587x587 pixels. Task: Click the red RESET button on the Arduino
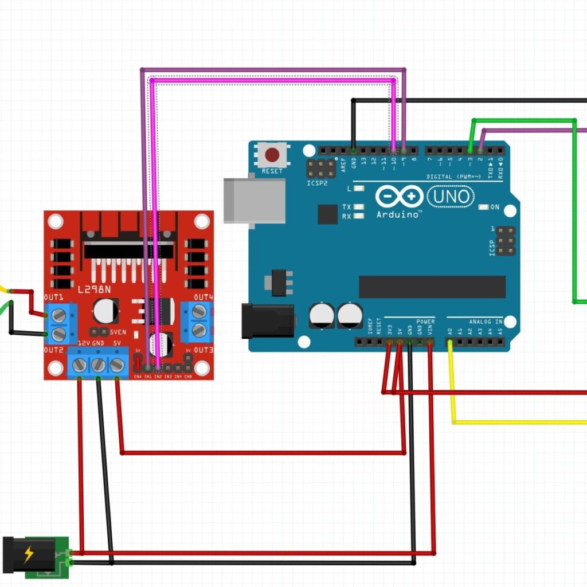[x=272, y=155]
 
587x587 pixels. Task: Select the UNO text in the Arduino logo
[x=451, y=197]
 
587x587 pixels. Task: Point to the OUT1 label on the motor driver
[x=53, y=298]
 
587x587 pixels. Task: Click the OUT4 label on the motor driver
[x=203, y=298]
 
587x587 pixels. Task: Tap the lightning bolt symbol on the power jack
[x=28, y=554]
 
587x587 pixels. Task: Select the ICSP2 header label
[x=317, y=183]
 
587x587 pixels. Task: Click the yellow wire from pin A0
[x=453, y=390]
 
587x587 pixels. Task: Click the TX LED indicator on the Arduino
[x=359, y=207]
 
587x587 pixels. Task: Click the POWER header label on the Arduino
[x=425, y=322]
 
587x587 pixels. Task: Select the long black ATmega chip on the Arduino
[x=432, y=287]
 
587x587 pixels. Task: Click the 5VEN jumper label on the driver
[x=117, y=332]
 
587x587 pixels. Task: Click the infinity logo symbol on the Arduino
[x=400, y=197]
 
